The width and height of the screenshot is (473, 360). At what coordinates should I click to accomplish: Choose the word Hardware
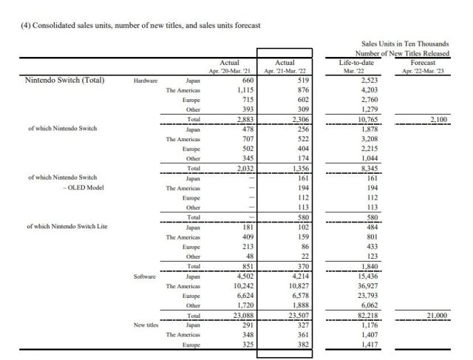(x=146, y=81)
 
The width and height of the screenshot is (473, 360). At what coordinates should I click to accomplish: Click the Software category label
(x=146, y=275)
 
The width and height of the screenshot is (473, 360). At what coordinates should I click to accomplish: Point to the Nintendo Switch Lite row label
(x=68, y=226)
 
